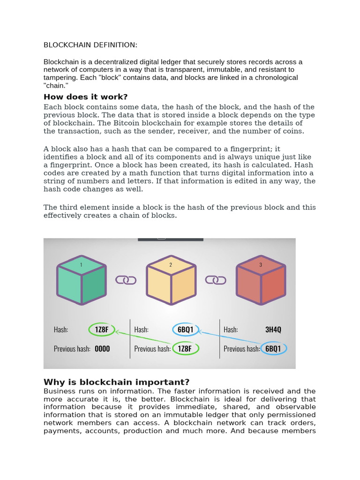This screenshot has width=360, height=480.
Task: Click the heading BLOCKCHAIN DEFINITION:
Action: (90, 45)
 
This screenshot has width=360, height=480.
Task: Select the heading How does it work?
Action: (85, 97)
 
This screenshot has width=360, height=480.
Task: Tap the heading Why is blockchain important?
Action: (116, 382)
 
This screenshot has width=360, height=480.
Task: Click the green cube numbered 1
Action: (82, 280)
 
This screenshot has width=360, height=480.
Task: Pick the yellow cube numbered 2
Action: (171, 280)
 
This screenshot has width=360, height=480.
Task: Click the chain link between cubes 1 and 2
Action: (126, 280)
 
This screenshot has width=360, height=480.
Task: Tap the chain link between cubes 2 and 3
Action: (216, 280)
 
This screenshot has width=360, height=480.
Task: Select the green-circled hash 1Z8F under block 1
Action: (101, 330)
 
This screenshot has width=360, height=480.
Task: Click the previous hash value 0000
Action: (102, 349)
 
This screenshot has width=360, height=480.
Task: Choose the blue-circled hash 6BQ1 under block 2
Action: (186, 330)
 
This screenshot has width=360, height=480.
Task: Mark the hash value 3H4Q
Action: (273, 330)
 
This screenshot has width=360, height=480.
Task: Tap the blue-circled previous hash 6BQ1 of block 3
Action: (273, 349)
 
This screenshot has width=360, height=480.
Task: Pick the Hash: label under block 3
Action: (231, 330)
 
